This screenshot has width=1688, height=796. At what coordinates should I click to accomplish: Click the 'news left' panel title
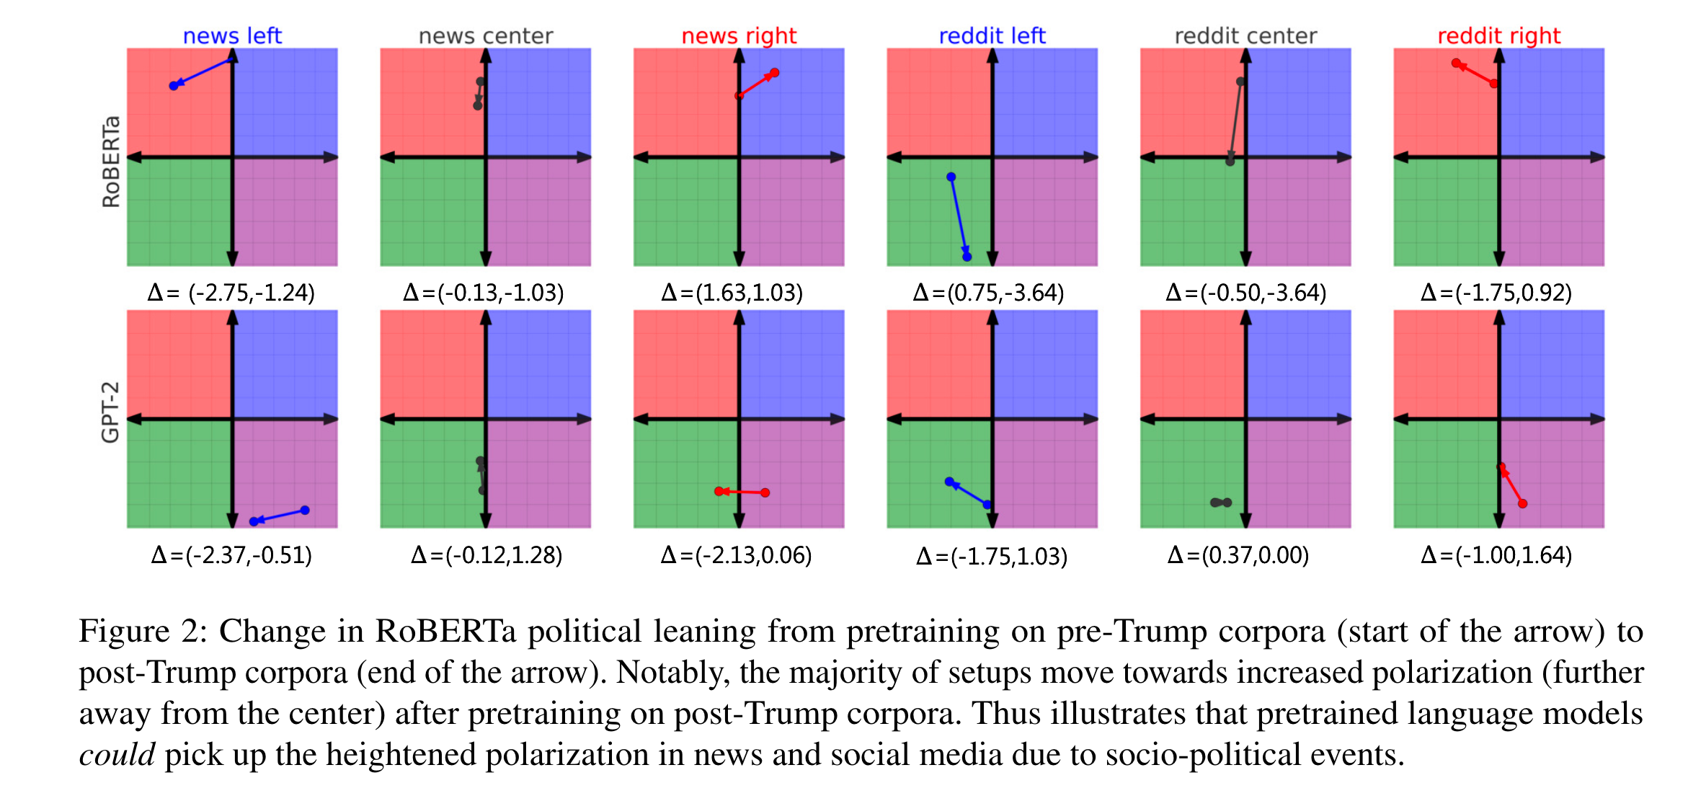pyautogui.click(x=232, y=35)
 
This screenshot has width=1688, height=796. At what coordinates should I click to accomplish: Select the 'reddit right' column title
pyautogui.click(x=1498, y=35)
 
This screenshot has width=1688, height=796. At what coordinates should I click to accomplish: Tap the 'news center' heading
pyautogui.click(x=486, y=35)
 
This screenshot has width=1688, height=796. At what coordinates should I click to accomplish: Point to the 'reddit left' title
pyautogui.click(x=992, y=35)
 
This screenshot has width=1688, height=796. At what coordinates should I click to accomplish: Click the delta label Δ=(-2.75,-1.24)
pyautogui.click(x=231, y=293)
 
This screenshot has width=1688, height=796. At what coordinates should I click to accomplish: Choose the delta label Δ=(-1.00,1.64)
pyautogui.click(x=1496, y=555)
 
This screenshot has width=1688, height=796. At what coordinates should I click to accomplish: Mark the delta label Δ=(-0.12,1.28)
pyautogui.click(x=487, y=555)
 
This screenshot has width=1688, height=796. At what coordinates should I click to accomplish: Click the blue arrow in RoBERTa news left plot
pyautogui.click(x=203, y=73)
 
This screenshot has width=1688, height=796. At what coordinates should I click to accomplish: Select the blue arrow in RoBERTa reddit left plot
pyautogui.click(x=959, y=217)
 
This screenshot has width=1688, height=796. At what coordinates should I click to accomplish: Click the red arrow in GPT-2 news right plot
pyautogui.click(x=742, y=492)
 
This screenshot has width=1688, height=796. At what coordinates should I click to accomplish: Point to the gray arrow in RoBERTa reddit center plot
pyautogui.click(x=1235, y=121)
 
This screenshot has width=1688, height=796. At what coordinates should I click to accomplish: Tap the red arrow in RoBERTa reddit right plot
pyautogui.click(x=1475, y=74)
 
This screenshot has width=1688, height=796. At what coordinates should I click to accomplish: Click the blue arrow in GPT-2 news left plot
pyautogui.click(x=279, y=516)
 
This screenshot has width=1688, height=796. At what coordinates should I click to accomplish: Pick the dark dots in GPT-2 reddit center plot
pyautogui.click(x=1220, y=502)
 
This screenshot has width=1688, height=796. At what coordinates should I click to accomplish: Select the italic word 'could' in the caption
pyautogui.click(x=117, y=755)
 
